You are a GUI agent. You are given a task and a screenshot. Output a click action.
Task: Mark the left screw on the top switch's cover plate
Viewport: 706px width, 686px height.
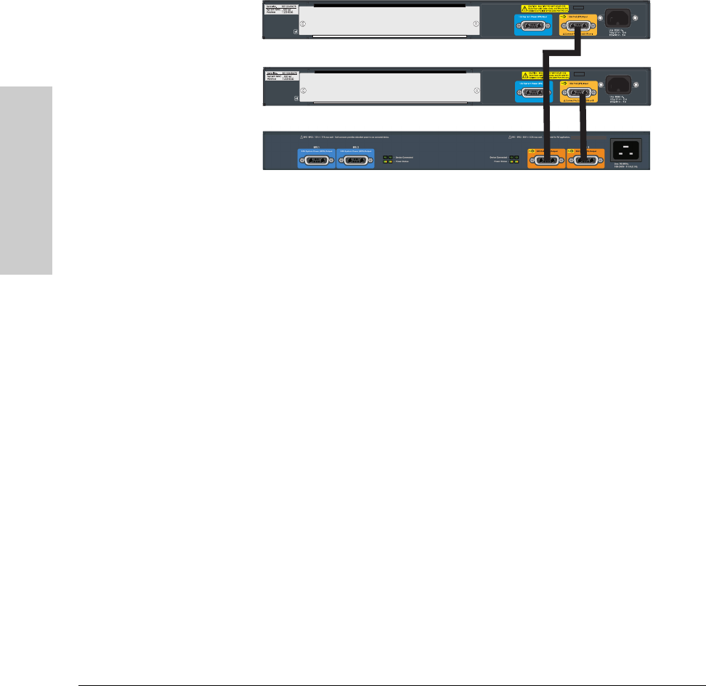tap(304, 24)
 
